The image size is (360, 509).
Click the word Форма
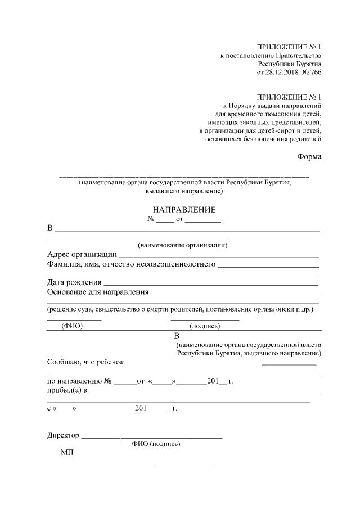point(309,157)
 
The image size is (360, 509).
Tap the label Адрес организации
point(82,255)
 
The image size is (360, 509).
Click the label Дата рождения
point(74,282)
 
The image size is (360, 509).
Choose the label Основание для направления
point(98,292)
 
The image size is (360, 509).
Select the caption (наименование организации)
point(183,245)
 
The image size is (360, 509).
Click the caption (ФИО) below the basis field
point(73,326)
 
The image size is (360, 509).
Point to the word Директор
point(64,435)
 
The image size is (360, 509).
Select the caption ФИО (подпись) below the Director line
point(156,444)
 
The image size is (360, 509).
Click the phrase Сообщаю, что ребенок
point(85,363)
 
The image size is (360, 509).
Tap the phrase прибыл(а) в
point(67,391)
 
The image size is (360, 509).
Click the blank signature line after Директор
point(152,437)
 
